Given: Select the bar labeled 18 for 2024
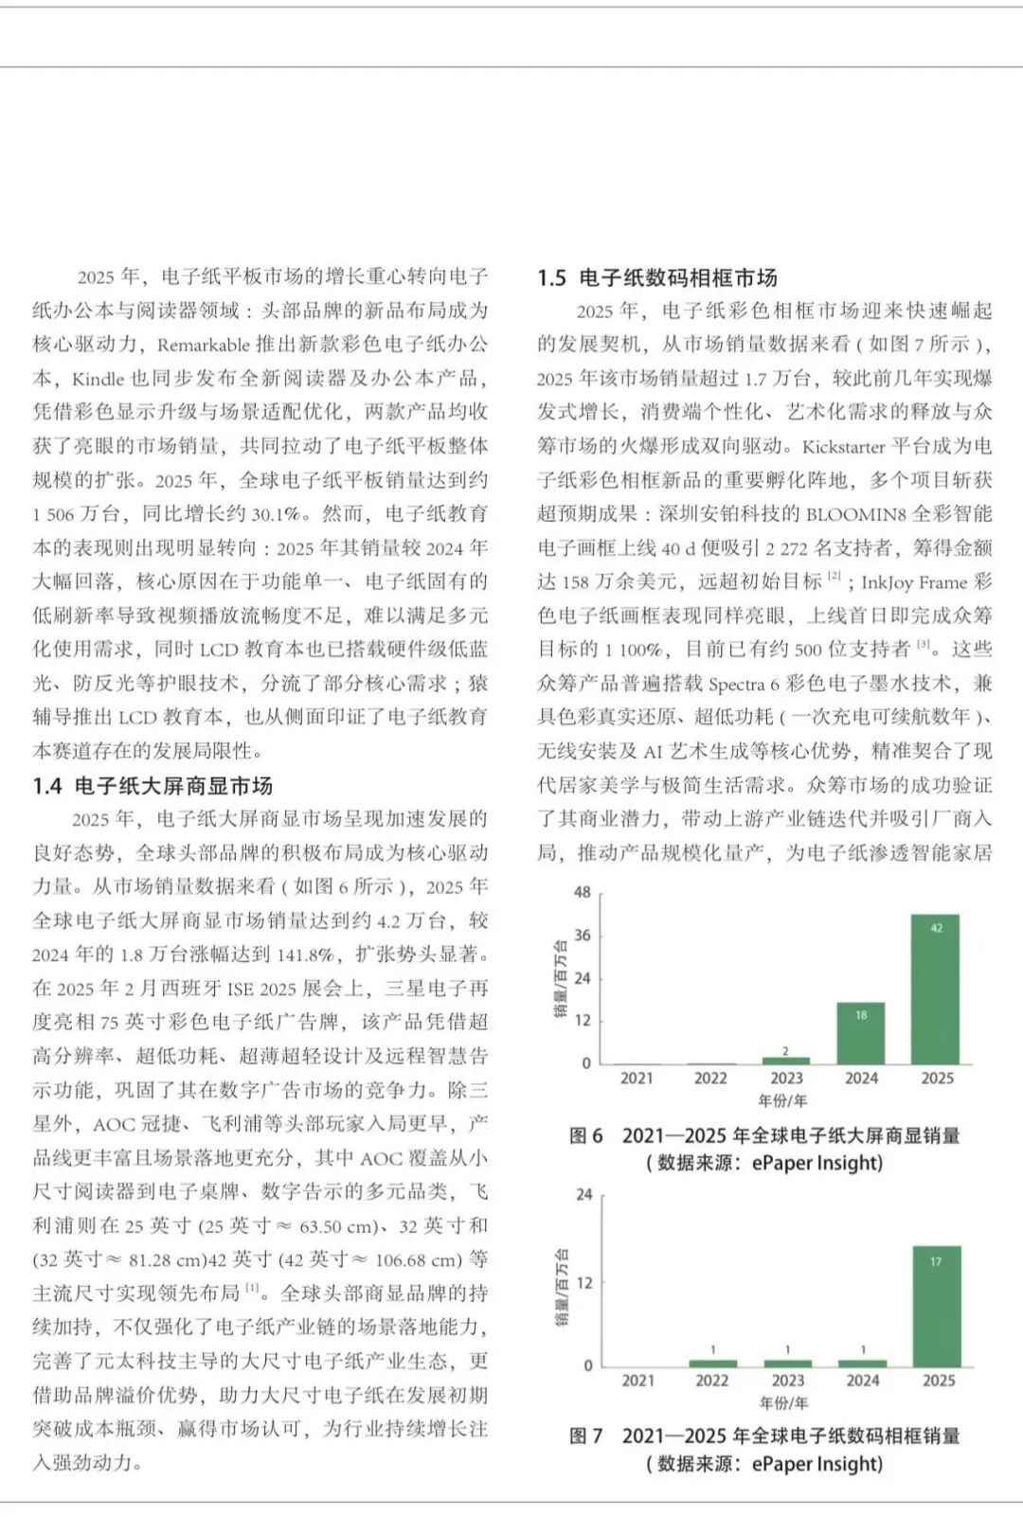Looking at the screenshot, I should pos(861,1032).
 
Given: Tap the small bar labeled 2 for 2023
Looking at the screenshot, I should pos(786,1060).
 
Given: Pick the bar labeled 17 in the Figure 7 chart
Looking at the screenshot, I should pos(936,1305).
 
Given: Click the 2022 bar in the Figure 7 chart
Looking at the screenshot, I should pos(712,1363).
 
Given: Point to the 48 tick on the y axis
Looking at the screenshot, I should pos(583,892).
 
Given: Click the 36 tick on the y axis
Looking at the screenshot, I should pos(583,936).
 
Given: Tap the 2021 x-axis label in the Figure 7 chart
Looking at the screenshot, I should pos(637,1381).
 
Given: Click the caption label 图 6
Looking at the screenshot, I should pos(585,1135).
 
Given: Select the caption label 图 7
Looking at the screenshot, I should pos(585,1436).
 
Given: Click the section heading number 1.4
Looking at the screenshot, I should pos(47,786).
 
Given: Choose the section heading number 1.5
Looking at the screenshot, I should pos(551,277).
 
